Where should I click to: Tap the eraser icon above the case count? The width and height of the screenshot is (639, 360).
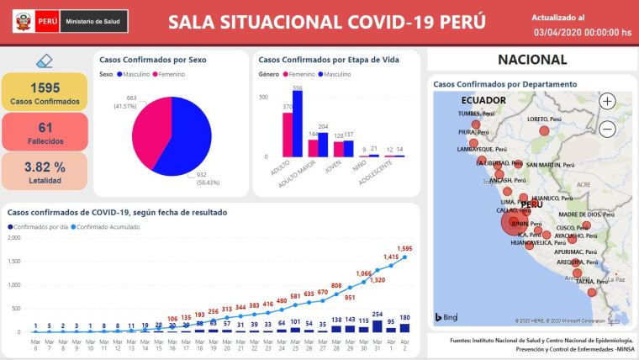[x=45, y=61]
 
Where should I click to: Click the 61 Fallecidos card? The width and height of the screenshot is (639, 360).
[x=45, y=132]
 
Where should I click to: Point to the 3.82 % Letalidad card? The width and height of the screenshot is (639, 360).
[x=45, y=171]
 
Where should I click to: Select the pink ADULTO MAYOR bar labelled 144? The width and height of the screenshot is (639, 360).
[x=313, y=147]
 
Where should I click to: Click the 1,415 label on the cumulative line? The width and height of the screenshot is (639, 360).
[x=391, y=257]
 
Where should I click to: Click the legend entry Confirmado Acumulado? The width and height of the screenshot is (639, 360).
[x=113, y=227]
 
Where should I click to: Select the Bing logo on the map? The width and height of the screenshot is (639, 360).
[x=446, y=317]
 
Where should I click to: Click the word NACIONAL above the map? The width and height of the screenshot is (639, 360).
[x=532, y=60]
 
